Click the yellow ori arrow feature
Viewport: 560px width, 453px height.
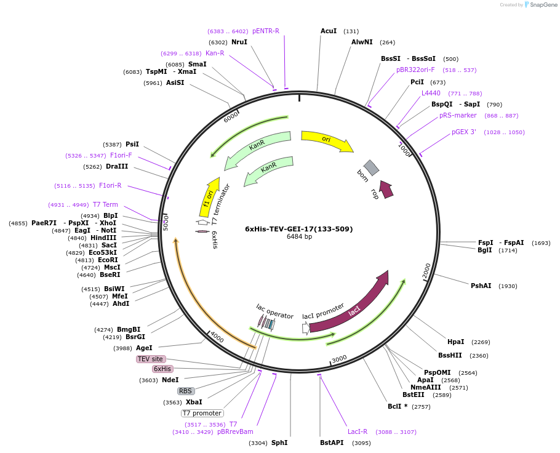327,141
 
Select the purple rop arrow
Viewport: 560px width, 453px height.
386,189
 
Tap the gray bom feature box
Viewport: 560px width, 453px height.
371,167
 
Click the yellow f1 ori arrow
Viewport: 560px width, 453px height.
210,196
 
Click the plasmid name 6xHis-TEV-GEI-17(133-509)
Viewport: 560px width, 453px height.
299,229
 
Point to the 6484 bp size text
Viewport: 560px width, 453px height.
299,237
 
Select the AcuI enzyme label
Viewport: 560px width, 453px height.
329,31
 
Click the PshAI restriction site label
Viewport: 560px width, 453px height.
481,286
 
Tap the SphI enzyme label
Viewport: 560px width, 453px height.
279,443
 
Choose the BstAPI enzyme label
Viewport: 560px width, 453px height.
332,443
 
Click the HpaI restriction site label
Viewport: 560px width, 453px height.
456,342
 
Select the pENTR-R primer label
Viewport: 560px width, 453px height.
266,31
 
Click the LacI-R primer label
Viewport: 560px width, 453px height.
358,431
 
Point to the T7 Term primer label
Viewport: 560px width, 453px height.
105,204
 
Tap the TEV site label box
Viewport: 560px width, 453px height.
150,359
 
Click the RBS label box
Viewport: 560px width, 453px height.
186,391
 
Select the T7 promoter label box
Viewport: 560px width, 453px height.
202,413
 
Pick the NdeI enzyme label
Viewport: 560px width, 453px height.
170,380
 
